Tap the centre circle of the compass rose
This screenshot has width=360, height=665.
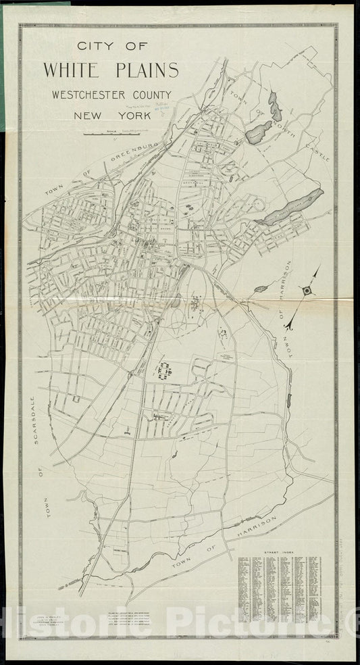coord(308,291)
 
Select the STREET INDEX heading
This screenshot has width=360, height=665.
coord(279,551)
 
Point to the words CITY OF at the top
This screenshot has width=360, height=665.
coord(111,47)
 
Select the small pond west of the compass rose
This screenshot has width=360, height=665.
coord(260,289)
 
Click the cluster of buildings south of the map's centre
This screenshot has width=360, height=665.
coord(164,370)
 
